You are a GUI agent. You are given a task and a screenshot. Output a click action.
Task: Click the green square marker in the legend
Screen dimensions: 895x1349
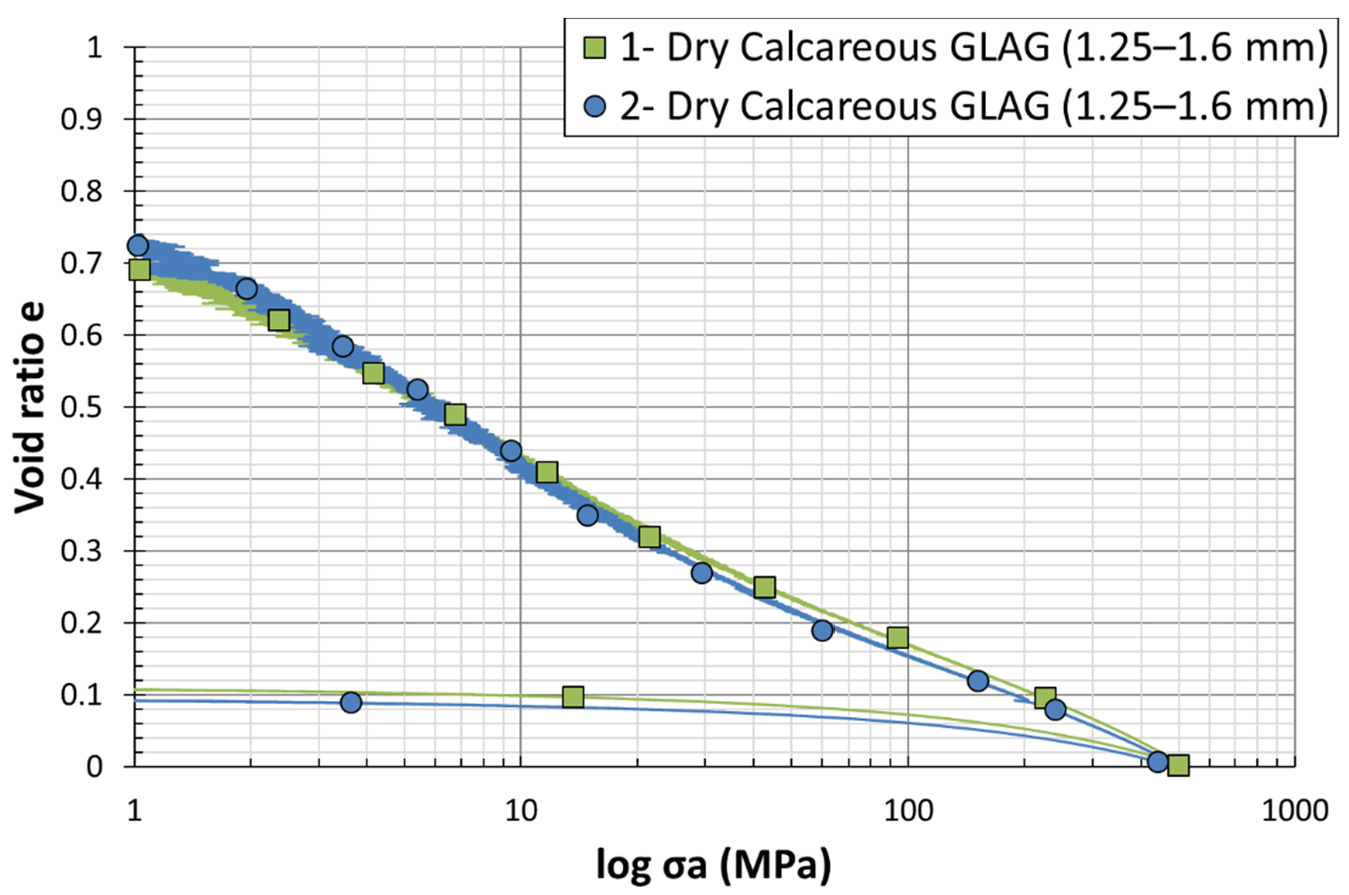click(x=594, y=47)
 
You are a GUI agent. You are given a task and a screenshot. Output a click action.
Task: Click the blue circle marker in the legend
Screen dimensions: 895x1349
click(x=594, y=106)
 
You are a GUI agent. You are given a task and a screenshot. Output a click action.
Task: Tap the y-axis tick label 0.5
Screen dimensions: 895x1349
click(x=82, y=407)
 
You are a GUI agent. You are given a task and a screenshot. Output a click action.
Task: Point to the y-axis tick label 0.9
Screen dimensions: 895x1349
click(x=82, y=119)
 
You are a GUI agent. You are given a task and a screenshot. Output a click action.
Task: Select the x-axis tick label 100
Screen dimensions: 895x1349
click(x=907, y=810)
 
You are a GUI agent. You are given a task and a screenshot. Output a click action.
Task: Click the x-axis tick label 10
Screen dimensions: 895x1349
click(x=521, y=810)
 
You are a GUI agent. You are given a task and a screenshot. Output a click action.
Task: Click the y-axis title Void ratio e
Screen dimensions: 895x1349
click(x=30, y=408)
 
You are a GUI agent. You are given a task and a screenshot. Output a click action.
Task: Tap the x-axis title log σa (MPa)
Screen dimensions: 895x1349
click(x=713, y=865)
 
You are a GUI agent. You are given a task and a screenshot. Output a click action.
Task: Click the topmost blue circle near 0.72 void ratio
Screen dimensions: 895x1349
click(x=138, y=246)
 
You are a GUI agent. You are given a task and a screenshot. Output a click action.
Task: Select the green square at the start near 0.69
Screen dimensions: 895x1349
click(x=139, y=269)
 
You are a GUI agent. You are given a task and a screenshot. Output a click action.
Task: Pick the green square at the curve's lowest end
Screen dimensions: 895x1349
click(x=1178, y=764)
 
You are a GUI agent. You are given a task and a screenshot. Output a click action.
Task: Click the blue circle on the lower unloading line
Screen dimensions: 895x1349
click(x=351, y=703)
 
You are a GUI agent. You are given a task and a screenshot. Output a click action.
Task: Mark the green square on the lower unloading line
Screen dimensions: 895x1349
click(x=573, y=697)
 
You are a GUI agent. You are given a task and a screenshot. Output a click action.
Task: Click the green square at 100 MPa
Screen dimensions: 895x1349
click(x=898, y=637)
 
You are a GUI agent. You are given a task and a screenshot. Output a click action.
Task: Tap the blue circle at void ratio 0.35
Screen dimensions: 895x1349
click(x=587, y=515)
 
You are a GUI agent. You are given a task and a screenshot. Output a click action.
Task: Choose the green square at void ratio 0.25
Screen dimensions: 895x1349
click(x=764, y=587)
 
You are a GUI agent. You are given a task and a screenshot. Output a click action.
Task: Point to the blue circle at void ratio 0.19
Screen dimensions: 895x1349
click(x=822, y=630)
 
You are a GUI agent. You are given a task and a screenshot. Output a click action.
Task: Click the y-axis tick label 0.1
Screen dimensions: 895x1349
click(x=82, y=695)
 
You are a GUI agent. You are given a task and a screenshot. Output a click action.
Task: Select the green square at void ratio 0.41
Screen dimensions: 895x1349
click(x=547, y=472)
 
